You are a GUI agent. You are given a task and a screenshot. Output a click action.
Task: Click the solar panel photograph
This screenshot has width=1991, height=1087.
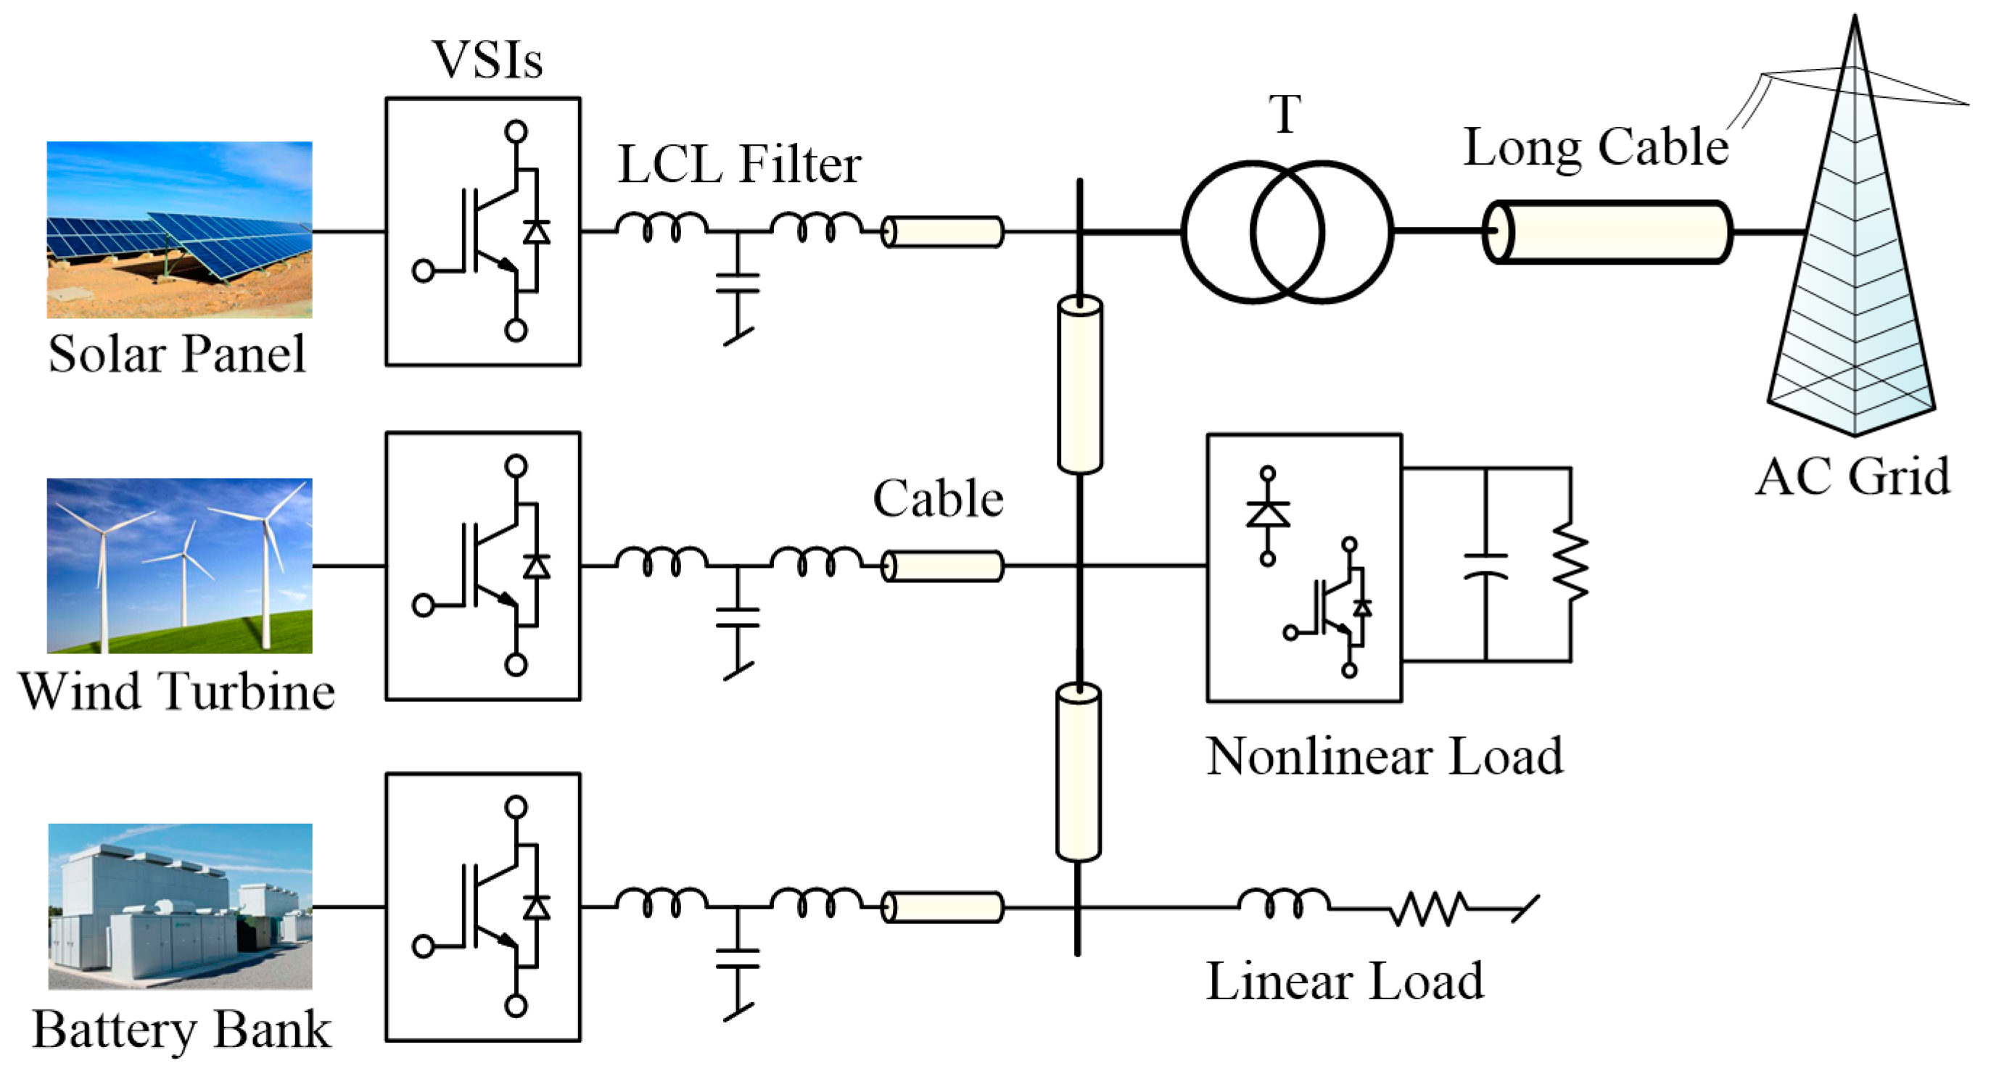pyautogui.click(x=179, y=229)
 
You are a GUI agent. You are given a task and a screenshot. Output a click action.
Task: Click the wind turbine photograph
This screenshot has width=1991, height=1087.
pyautogui.click(x=179, y=566)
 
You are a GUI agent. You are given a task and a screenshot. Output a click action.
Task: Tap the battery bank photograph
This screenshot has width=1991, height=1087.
pyautogui.click(x=180, y=906)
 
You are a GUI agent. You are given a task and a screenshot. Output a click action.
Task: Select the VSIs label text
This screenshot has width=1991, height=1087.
pyautogui.click(x=487, y=59)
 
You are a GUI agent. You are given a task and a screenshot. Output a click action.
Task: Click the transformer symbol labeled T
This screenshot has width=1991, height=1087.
pyautogui.click(x=1287, y=232)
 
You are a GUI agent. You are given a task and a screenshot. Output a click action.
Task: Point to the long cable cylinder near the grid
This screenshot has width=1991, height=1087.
pyautogui.click(x=1607, y=232)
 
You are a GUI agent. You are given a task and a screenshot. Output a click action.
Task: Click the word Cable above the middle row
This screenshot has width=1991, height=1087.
pyautogui.click(x=938, y=498)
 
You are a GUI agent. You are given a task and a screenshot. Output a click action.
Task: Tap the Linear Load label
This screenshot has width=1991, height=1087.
pyautogui.click(x=1345, y=981)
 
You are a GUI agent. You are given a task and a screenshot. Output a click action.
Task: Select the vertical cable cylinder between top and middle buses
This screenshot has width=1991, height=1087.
pyautogui.click(x=1080, y=384)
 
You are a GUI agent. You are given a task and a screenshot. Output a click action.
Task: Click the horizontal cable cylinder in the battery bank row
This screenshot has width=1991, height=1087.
pyautogui.click(x=943, y=907)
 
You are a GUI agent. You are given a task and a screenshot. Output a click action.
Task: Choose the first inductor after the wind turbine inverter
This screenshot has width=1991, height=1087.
pyautogui.click(x=661, y=560)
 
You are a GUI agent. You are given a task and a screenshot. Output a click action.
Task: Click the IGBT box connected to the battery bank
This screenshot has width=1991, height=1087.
pyautogui.click(x=483, y=907)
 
